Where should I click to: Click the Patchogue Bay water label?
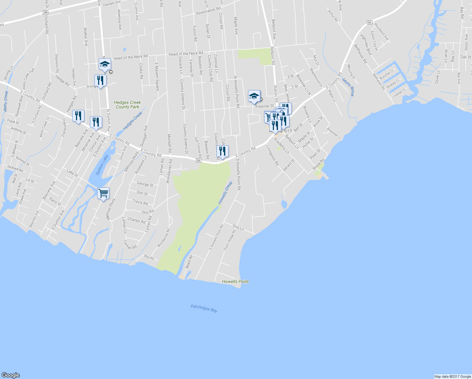click(x=204, y=308)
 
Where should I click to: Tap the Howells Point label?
click(x=235, y=281)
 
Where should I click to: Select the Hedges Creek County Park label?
click(x=127, y=105)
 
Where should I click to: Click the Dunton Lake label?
click(x=102, y=165)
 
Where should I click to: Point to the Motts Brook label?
click(x=348, y=87)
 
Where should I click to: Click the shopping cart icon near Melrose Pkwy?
click(x=103, y=193)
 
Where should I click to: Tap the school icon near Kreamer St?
click(x=254, y=96)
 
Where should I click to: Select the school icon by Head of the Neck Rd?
click(x=104, y=64)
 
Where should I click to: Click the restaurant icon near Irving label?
click(x=100, y=81)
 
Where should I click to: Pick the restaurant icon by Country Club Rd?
click(x=223, y=152)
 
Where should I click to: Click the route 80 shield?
click(x=46, y=12)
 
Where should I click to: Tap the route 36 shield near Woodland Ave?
click(x=369, y=22)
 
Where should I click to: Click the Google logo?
click(x=10, y=375)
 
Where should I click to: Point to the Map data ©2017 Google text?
click(x=452, y=376)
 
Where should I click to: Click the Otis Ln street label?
click(x=238, y=228)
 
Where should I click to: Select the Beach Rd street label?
click(x=189, y=262)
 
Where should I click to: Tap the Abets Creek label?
click(x=6, y=101)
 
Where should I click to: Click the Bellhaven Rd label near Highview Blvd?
click(x=361, y=54)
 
